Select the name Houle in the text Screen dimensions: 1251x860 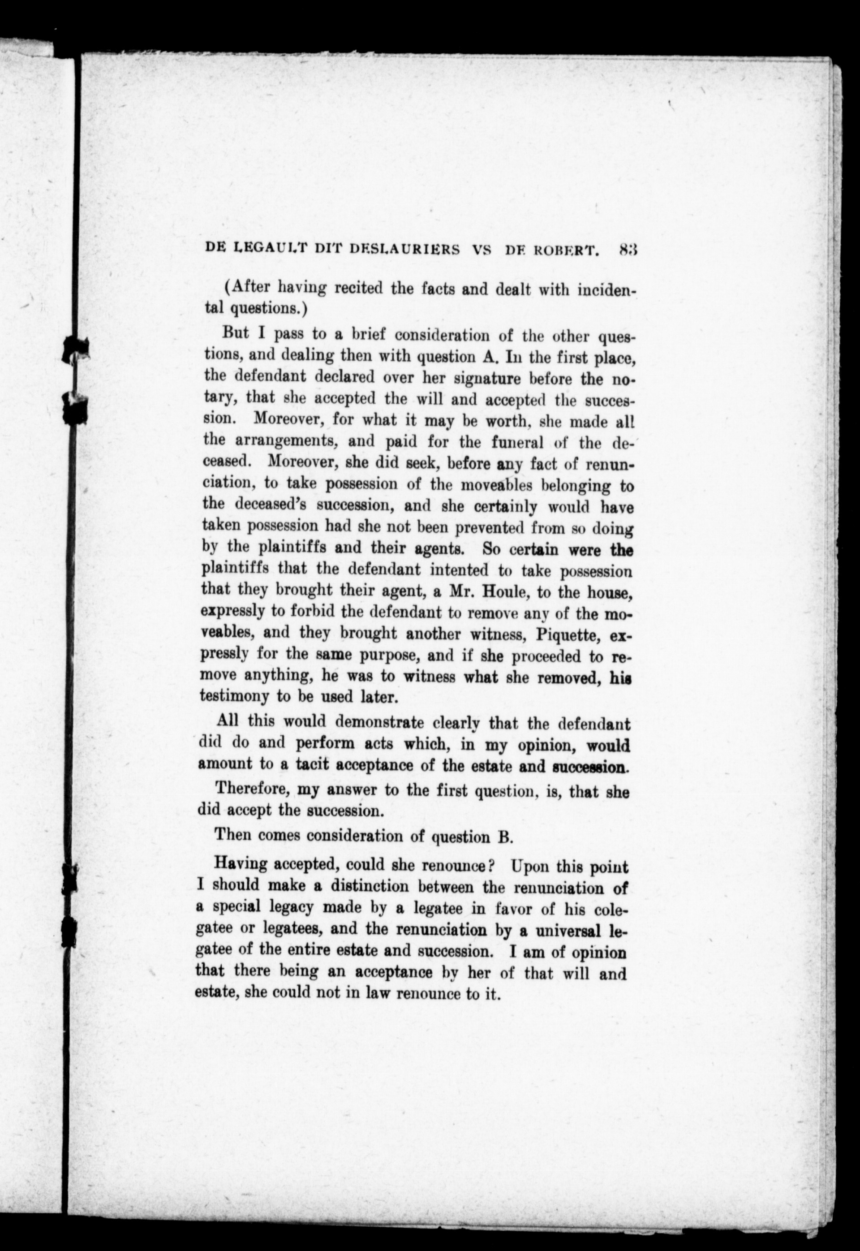point(501,592)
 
